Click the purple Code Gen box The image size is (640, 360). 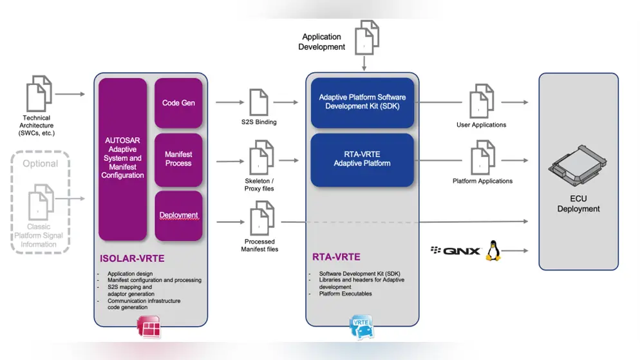pos(178,103)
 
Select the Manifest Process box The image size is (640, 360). pos(178,159)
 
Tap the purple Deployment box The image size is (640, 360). pos(178,215)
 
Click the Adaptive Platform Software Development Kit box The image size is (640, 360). pos(362,102)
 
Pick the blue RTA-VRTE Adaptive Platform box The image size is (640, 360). pos(362,159)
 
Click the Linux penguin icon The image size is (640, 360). pos(493,251)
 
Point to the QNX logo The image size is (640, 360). pos(456,251)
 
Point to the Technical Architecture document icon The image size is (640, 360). pos(38,94)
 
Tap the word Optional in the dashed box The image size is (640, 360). pos(40,164)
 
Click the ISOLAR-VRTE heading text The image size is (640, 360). pos(132,259)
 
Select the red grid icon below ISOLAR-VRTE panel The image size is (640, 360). pos(149,328)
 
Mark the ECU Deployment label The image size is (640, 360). pos(578,204)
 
